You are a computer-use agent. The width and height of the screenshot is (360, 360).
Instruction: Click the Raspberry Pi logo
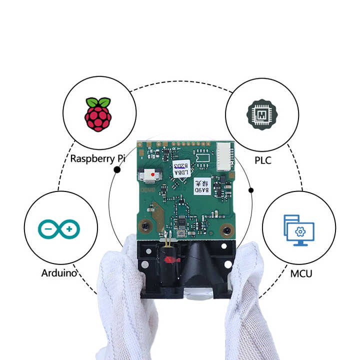tap(97, 114)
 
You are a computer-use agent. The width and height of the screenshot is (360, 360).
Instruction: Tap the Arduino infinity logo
tap(59, 229)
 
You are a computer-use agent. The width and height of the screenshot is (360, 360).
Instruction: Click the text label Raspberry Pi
tap(97, 158)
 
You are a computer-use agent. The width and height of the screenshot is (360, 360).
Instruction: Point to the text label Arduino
tap(59, 273)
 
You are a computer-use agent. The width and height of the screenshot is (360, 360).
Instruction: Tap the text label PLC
tap(262, 161)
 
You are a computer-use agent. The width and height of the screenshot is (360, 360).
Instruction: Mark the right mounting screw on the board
tap(227, 230)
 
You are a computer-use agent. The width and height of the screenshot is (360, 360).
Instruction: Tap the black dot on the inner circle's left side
tap(117, 170)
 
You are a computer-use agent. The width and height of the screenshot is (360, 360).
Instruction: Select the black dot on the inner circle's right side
tap(251, 190)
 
